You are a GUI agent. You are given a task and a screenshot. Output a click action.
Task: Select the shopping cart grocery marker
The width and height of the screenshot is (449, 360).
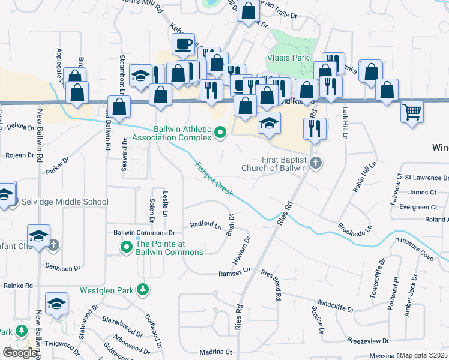pyautogui.click(x=412, y=112)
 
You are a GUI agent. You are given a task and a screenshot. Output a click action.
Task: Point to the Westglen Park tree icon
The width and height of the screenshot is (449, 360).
pyautogui.click(x=143, y=290)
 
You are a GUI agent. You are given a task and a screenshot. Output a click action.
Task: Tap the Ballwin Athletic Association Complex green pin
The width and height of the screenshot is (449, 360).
pyautogui.click(x=220, y=132)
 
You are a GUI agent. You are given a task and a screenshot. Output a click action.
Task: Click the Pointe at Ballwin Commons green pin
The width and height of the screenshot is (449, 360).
pyautogui.click(x=127, y=247)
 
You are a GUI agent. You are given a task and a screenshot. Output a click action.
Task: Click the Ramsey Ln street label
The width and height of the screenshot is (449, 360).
pyautogui.click(x=234, y=272)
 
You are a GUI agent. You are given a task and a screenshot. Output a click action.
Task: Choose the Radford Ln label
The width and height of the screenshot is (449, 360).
pyautogui.click(x=205, y=225)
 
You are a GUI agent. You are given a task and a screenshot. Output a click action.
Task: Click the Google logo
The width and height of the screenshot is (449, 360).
pyautogui.click(x=20, y=353)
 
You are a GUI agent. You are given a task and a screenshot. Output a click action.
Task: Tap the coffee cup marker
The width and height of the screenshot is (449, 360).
pyautogui.click(x=183, y=44)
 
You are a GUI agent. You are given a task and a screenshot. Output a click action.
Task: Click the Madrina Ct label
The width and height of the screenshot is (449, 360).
pyautogui.click(x=215, y=352)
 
